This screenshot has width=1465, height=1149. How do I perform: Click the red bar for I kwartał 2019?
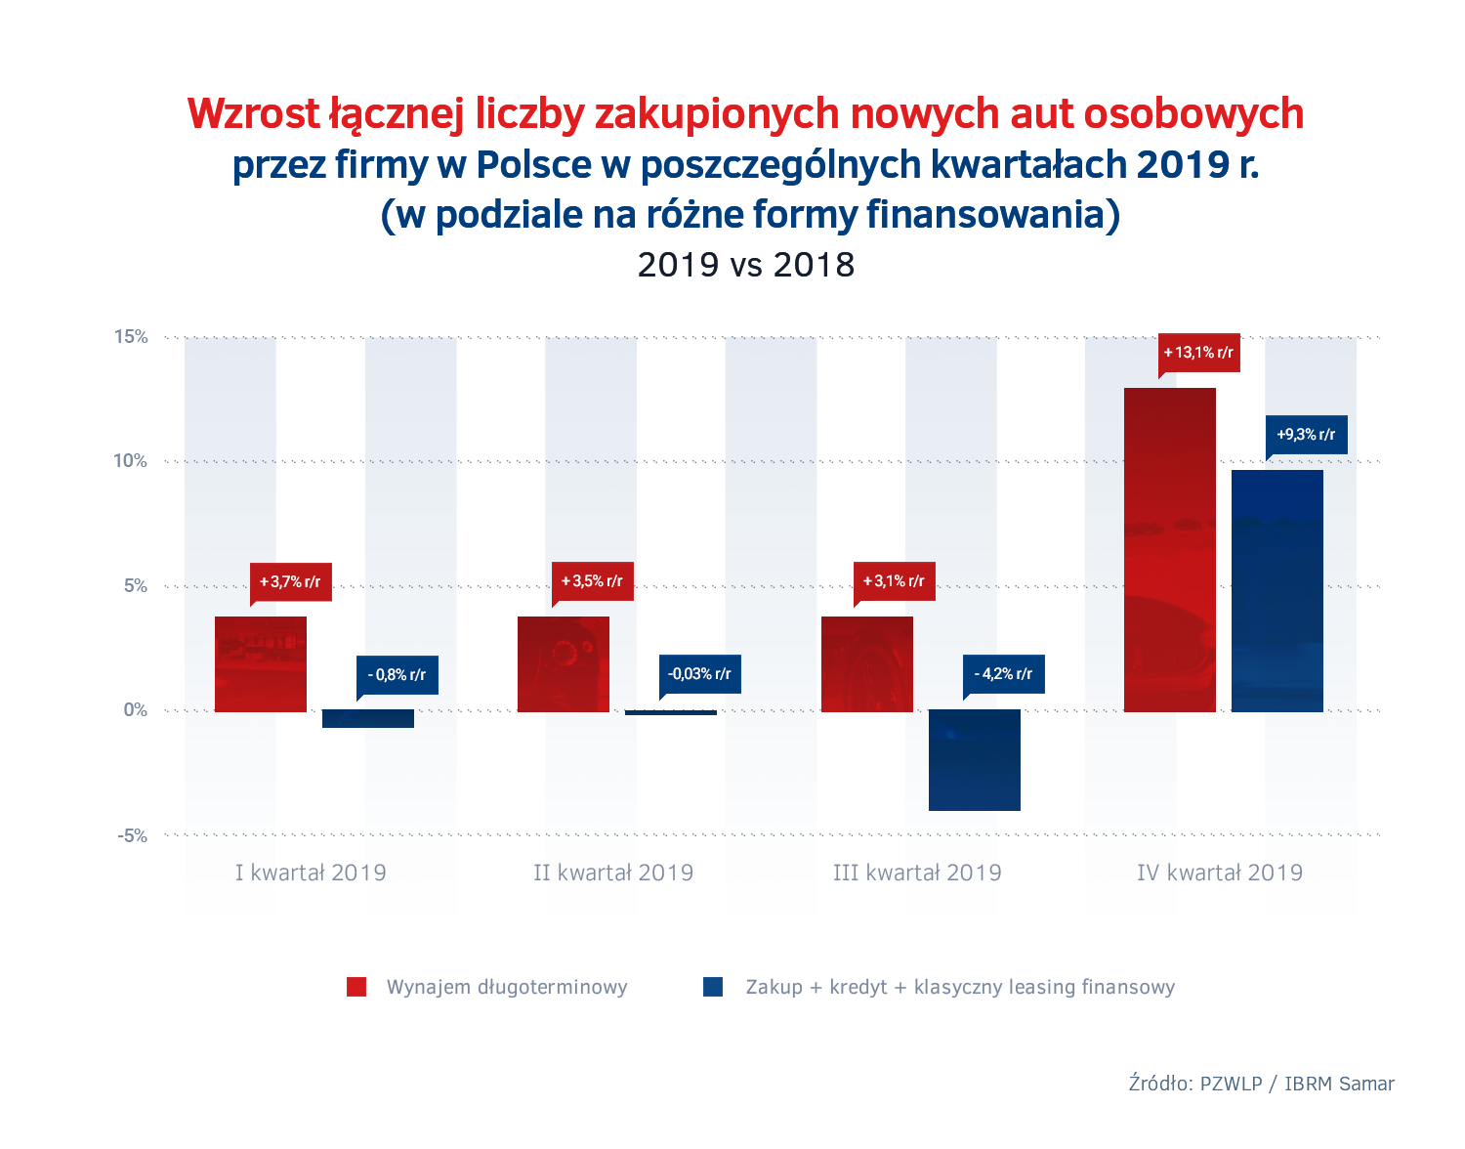[261, 664]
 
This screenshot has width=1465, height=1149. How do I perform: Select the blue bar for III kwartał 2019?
[975, 760]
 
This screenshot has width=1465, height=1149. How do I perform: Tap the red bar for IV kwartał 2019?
[1170, 550]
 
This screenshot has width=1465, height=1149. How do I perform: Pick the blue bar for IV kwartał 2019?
[1277, 591]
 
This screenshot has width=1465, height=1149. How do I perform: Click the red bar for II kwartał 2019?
[564, 664]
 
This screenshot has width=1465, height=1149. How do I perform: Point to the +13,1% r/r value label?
[1199, 353]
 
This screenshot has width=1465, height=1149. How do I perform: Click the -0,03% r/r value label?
[700, 674]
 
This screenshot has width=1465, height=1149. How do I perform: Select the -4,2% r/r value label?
[1004, 674]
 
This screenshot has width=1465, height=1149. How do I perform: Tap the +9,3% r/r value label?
[1307, 435]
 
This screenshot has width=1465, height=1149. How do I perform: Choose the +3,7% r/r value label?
[291, 582]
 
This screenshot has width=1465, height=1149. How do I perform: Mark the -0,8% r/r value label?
[398, 675]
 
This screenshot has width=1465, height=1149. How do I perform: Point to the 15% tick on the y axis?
[131, 337]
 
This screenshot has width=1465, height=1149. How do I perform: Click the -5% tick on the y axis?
[133, 835]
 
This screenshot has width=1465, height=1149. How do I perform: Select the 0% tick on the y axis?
[136, 710]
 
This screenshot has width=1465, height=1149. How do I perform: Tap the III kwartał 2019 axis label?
[917, 872]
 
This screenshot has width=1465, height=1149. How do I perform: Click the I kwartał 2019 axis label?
[311, 872]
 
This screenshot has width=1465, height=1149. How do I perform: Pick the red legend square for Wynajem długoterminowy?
[356, 987]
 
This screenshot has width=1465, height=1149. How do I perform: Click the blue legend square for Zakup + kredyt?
[713, 987]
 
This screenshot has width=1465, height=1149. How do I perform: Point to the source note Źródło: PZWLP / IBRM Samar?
[1261, 1084]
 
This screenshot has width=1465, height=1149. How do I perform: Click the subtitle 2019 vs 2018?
[746, 265]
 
